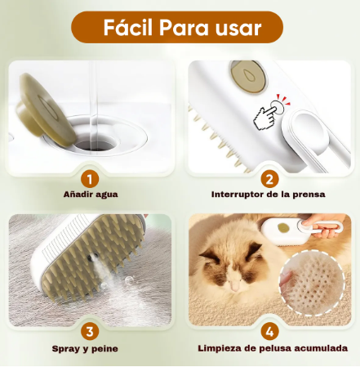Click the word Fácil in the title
(127, 27)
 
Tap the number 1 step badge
(90, 180)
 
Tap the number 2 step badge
(269, 180)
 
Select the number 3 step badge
(90, 332)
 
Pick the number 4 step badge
(269, 332)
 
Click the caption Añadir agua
(91, 195)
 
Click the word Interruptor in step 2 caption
(238, 195)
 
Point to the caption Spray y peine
(85, 349)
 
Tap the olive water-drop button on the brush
(248, 77)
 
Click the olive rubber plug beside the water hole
(46, 110)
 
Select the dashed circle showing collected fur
(312, 283)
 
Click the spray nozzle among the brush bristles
(91, 257)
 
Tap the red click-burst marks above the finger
(284, 100)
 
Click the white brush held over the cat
(299, 230)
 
